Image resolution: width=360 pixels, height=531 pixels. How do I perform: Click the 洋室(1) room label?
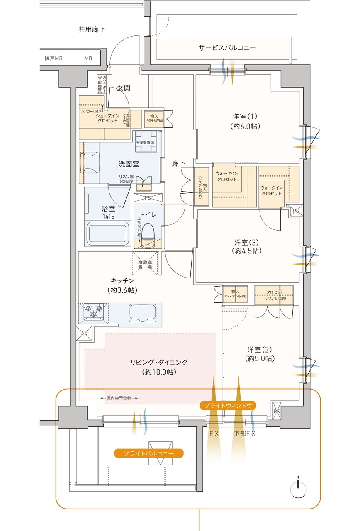(246, 122)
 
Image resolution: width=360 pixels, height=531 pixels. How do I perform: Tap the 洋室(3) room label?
(246, 246)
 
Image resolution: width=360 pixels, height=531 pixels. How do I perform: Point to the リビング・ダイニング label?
(159, 367)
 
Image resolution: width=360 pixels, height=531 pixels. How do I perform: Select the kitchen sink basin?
(143, 313)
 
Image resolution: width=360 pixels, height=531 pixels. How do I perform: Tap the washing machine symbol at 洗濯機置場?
(146, 136)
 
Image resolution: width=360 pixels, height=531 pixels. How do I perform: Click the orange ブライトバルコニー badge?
(148, 453)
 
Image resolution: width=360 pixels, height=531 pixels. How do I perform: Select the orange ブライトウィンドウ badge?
(228, 405)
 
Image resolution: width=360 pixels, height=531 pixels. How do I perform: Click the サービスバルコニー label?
(227, 48)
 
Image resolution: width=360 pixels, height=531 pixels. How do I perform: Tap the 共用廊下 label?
(92, 29)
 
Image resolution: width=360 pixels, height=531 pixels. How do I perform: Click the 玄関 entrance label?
(124, 88)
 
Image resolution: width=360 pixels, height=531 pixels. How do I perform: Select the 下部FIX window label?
(245, 434)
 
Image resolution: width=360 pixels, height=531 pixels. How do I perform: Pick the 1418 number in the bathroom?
(108, 216)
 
